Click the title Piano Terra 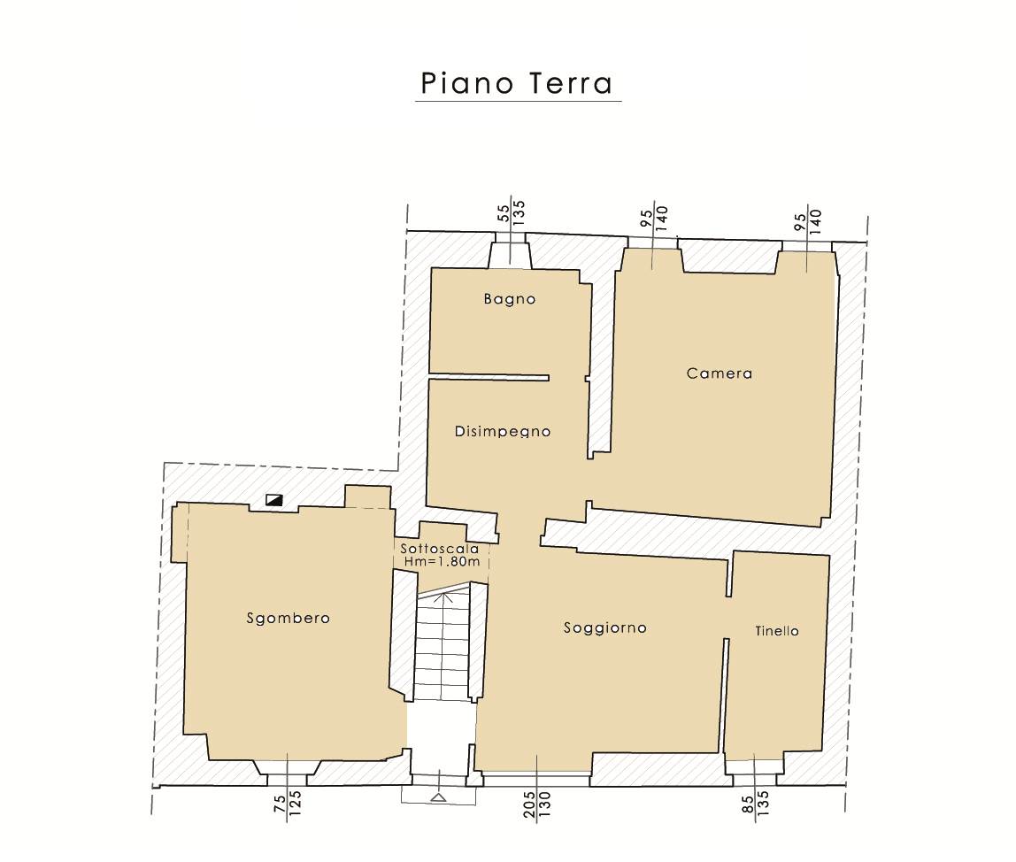tap(517, 83)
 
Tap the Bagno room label tap(510, 299)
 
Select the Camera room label tap(720, 373)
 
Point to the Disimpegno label tap(503, 432)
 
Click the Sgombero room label tap(289, 619)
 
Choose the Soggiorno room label tap(605, 627)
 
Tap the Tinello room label tap(777, 631)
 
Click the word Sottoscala tap(440, 549)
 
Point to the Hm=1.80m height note tap(442, 561)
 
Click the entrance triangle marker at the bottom tap(438, 797)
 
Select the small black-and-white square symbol tap(274, 500)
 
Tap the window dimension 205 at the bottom tap(529, 804)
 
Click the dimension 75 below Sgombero tap(280, 804)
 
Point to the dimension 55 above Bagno tap(504, 214)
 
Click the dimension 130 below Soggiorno tap(544, 804)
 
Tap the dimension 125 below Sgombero tap(294, 802)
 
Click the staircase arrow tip tap(446, 592)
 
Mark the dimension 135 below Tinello tap(763, 804)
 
